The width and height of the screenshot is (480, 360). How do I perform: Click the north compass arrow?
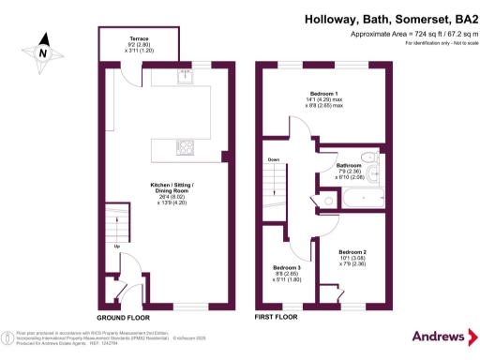point(42,52)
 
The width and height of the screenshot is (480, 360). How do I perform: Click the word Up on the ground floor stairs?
point(115,247)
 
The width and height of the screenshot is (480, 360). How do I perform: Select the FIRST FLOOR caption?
point(277,318)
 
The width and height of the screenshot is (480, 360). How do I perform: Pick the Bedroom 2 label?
point(352,252)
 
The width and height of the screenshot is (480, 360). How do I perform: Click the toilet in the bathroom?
point(371,157)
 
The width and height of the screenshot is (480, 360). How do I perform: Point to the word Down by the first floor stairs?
point(274,159)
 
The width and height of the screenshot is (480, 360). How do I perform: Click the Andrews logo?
point(439,337)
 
